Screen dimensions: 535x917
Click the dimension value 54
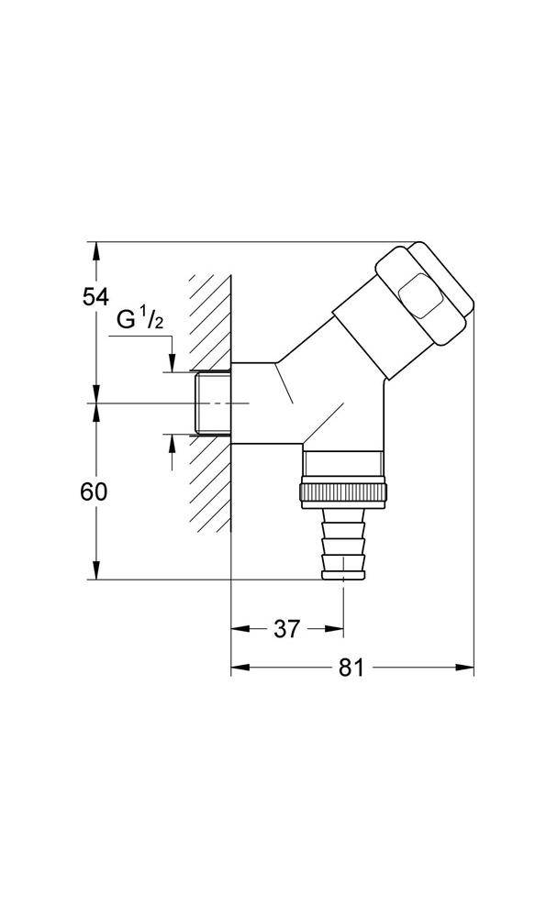95,297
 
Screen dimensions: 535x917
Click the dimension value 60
95,492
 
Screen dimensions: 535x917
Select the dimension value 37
287,629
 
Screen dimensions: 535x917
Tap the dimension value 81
351,668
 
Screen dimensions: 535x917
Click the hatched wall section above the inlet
210,322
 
